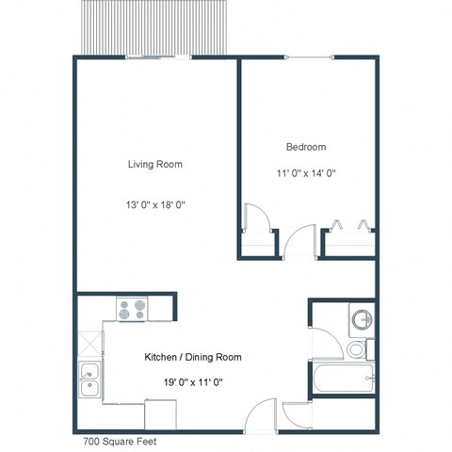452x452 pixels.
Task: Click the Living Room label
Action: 155,165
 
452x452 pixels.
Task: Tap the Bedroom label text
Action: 306,147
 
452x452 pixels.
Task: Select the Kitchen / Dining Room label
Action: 192,358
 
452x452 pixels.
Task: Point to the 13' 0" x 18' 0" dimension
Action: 155,204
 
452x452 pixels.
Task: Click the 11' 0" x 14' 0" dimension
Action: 306,173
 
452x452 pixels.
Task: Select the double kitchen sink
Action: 89,380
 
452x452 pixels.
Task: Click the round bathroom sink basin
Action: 360,318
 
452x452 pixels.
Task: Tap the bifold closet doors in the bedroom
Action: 348,226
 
